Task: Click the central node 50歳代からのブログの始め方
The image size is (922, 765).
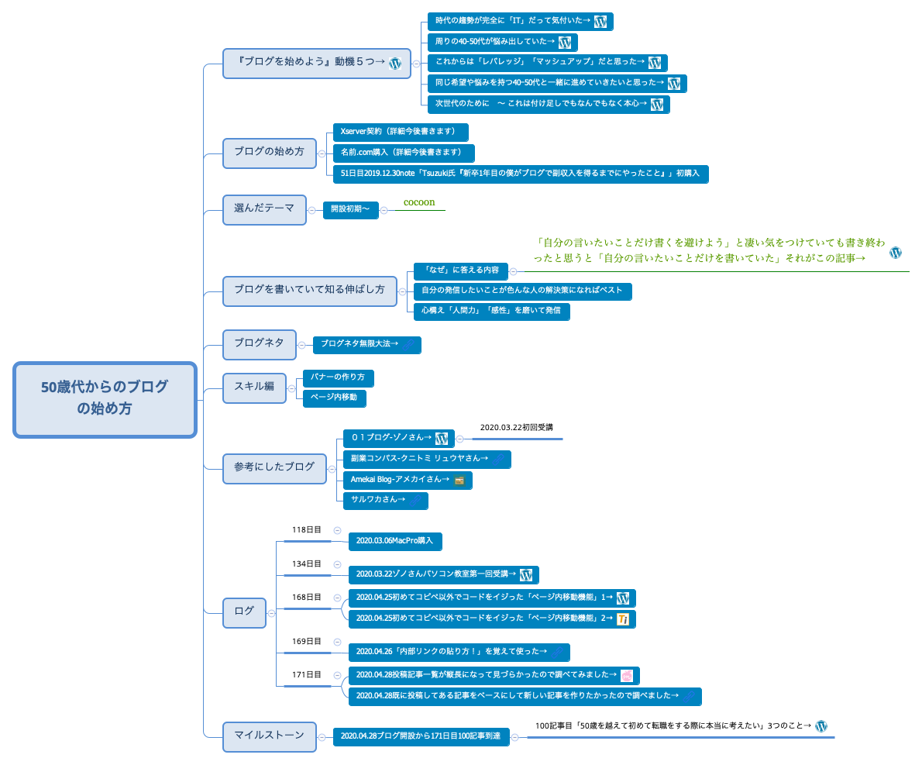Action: [105, 399]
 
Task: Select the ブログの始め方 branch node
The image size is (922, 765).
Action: [269, 153]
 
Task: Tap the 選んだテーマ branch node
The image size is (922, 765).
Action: [264, 209]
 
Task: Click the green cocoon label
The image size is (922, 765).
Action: [419, 202]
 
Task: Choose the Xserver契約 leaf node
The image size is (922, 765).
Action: [400, 132]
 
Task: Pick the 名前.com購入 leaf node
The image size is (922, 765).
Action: [403, 153]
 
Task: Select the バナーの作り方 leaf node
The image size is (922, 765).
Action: [338, 377]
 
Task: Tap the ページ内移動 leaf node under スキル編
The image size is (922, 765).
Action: [334, 398]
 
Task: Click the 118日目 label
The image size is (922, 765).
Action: [306, 530]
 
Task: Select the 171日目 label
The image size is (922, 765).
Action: [306, 675]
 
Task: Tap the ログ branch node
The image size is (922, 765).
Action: [244, 612]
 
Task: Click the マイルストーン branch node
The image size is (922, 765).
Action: [269, 736]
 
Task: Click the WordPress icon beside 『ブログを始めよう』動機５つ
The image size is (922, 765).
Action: [395, 64]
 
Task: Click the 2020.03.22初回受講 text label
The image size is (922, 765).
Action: [516, 427]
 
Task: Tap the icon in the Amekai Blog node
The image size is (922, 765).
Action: [459, 481]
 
